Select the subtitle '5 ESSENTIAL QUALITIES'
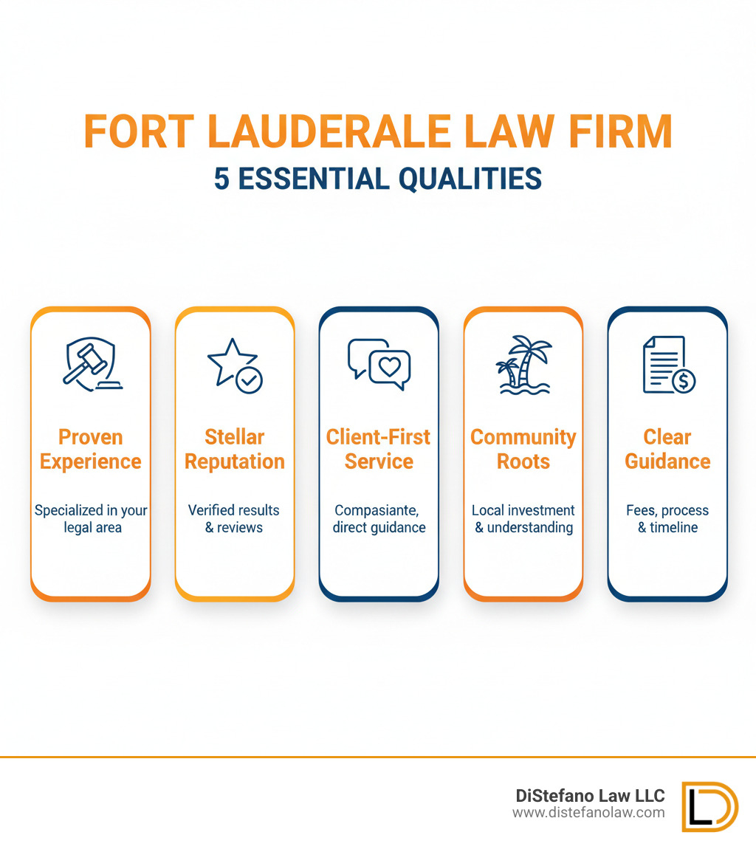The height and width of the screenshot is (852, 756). click(378, 179)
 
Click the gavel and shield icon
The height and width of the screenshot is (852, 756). click(91, 364)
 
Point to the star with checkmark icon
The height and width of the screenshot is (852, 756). click(234, 365)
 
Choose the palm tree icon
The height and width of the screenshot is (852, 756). click(523, 365)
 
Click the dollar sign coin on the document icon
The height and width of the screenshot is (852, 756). click(683, 381)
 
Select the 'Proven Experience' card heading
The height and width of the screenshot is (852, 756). click(91, 449)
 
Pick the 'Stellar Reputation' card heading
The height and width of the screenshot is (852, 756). click(234, 449)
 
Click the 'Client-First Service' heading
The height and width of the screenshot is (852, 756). click(379, 449)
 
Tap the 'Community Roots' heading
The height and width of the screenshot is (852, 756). click(523, 449)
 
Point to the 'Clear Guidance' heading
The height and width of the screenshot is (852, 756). click(667, 449)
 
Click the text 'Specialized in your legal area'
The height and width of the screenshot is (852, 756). click(91, 519)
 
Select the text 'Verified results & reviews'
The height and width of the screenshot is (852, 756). click(234, 519)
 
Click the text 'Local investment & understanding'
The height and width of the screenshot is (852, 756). click(523, 519)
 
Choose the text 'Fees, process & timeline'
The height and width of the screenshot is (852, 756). click(667, 519)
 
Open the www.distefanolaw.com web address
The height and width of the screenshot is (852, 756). click(588, 813)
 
